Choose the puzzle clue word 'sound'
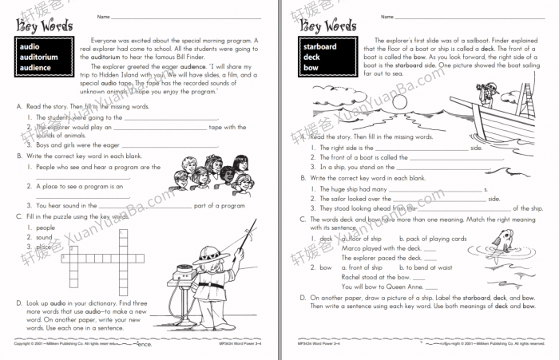(x=44, y=237)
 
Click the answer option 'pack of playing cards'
(x=437, y=239)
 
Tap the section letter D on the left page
(x=18, y=303)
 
